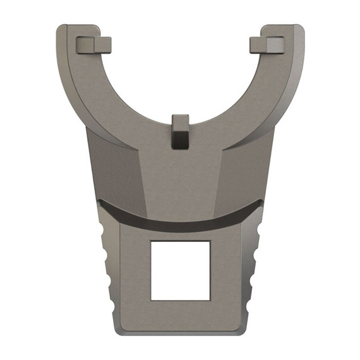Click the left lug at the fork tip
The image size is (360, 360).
tap(93, 45)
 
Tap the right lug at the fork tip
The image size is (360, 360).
tap(267, 45)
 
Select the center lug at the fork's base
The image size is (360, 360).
tap(180, 132)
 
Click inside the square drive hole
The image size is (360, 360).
tap(180, 270)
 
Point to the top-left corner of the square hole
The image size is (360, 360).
tap(152, 241)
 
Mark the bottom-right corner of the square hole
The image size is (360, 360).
tap(209, 299)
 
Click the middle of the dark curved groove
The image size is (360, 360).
tap(180, 222)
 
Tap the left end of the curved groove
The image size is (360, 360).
tap(101, 203)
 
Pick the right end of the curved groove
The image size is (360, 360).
tap(259, 203)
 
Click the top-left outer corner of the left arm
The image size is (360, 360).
tap(61, 28)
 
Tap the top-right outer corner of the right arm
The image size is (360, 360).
tap(299, 28)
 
